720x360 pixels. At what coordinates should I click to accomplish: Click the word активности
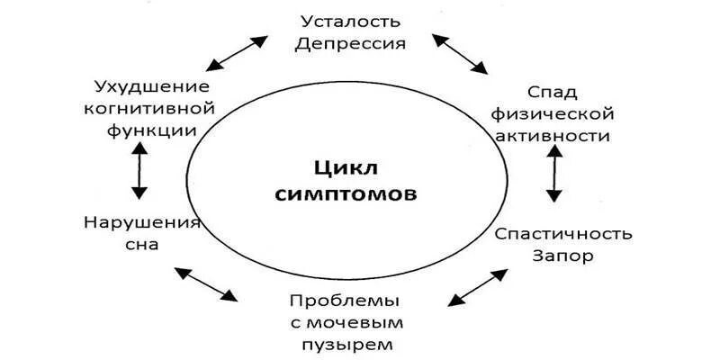point(554,136)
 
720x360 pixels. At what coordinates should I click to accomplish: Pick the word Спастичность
point(564,234)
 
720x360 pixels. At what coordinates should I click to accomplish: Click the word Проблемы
point(345,300)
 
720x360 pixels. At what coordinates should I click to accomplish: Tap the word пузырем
point(345,343)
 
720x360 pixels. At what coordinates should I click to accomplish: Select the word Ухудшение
point(151,87)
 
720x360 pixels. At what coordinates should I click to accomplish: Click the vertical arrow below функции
point(139,171)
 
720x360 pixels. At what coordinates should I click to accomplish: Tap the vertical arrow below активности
point(554,175)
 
